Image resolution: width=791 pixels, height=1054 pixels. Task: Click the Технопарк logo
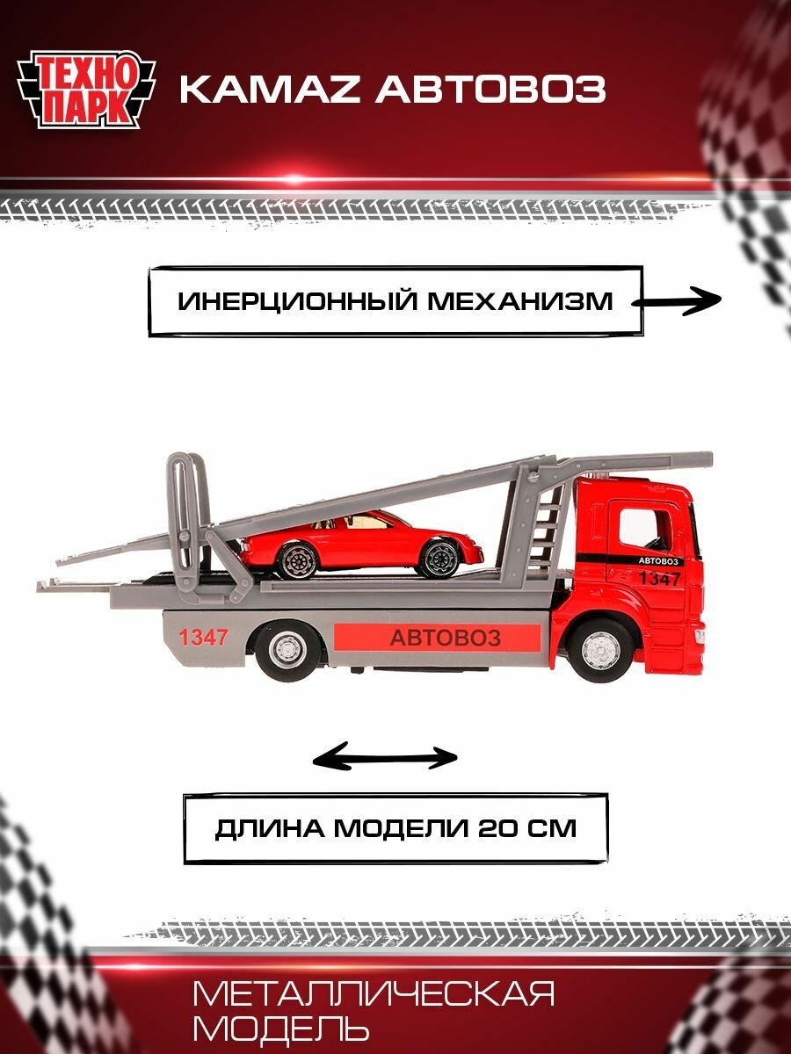click(86, 88)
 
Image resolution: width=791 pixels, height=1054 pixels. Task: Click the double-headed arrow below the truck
click(386, 757)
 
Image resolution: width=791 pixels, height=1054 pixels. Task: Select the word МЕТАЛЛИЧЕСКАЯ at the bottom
click(374, 995)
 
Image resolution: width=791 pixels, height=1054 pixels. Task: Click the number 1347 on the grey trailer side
click(204, 638)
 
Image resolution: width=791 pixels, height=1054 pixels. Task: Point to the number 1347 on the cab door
click(659, 579)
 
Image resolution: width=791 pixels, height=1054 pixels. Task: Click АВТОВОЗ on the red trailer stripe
click(445, 637)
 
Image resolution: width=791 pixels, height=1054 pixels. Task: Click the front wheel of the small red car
click(436, 558)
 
